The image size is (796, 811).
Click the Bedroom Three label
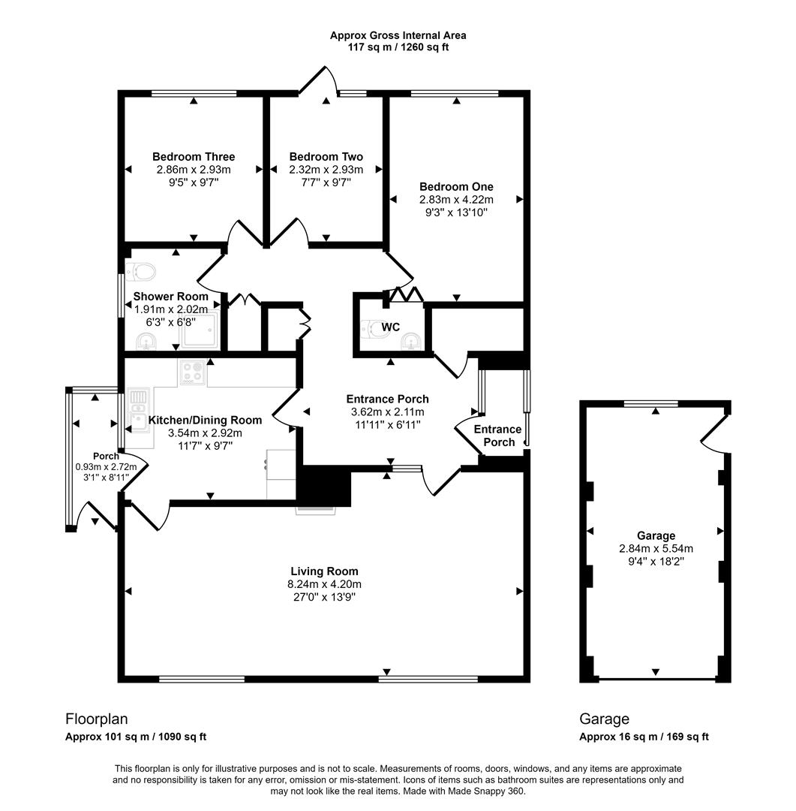194,156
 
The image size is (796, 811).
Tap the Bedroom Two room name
326,156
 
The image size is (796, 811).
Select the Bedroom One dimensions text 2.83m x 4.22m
456,199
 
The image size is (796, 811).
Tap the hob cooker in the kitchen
193,372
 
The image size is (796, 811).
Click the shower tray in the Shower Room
201,330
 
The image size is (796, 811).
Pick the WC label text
391,327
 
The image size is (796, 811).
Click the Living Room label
325,571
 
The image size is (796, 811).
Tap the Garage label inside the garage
656,535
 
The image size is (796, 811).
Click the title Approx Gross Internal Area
398,35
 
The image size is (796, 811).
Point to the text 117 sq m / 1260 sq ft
398,47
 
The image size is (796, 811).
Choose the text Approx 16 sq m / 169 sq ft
644,737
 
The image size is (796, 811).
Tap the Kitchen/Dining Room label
205,420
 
